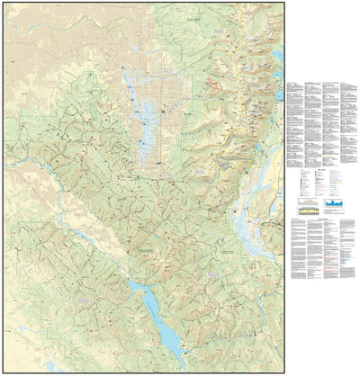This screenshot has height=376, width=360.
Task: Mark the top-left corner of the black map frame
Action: [3, 3]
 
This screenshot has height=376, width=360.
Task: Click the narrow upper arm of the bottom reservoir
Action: [135, 286]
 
